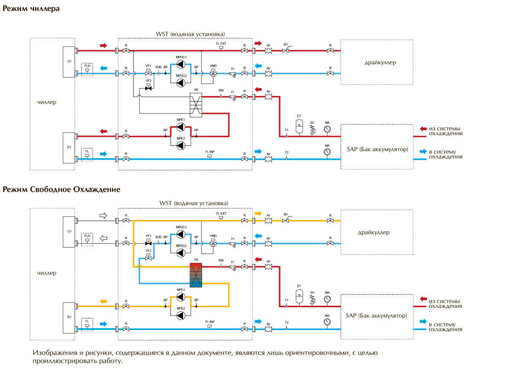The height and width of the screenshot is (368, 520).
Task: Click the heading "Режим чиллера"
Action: point(31,8)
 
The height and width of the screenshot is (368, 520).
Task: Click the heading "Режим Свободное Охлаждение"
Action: point(62,190)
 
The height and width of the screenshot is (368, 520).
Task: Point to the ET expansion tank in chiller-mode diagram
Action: point(299,126)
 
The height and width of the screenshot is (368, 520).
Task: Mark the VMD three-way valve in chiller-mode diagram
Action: point(213,74)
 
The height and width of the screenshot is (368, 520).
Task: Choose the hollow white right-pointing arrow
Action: point(103,215)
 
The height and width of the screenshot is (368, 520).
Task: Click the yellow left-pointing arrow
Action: point(104,301)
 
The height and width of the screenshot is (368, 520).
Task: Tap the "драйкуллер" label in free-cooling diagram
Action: point(374,232)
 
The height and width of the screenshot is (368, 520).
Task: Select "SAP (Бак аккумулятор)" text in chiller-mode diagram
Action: point(377,149)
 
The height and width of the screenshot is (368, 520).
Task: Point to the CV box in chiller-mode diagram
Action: point(69,62)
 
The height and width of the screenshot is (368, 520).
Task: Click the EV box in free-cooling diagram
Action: point(69,318)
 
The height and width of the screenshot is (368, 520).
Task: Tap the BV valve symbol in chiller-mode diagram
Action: point(286,51)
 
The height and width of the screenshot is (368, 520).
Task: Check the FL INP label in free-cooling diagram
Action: point(210,322)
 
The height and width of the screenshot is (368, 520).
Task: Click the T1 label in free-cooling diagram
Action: point(286,300)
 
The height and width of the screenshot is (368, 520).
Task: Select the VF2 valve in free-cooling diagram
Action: point(148,256)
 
